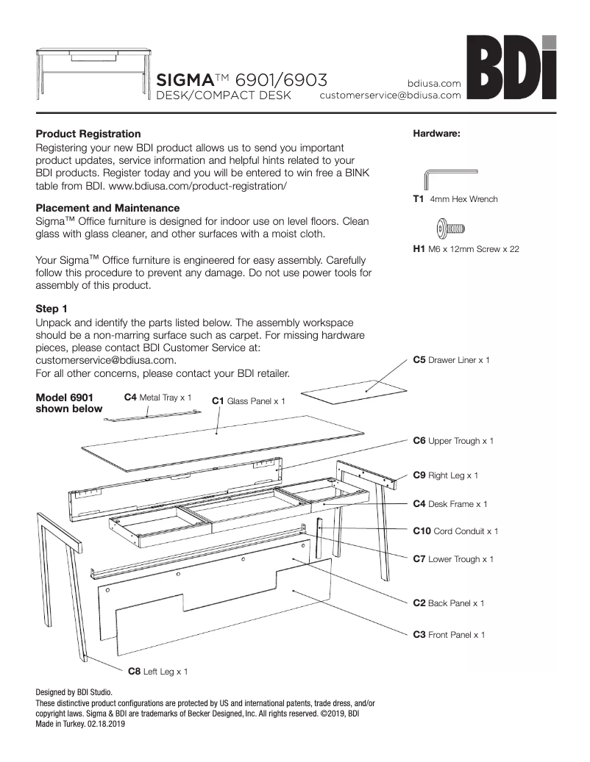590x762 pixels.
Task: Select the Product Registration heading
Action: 88,134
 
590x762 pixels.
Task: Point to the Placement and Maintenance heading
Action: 107,208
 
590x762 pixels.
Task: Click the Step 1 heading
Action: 51,308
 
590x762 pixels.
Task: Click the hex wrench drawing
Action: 449,179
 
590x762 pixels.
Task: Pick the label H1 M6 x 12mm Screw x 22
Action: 466,249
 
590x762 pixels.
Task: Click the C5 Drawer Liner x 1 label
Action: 450,360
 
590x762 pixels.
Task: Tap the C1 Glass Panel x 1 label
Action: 248,401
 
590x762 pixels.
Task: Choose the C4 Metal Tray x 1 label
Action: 157,397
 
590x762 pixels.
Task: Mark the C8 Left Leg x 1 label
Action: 157,671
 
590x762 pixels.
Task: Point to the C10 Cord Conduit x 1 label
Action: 455,531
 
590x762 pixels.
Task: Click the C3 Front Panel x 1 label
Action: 449,634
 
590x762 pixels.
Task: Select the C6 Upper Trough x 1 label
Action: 452,441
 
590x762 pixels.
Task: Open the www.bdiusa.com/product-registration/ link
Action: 198,186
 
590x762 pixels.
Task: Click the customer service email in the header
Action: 390,96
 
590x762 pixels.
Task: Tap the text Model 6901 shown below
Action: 69,403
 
